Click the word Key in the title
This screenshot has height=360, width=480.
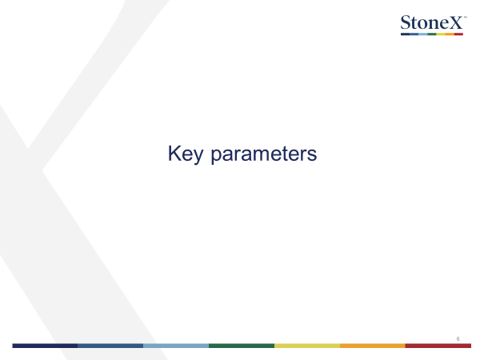(x=186, y=154)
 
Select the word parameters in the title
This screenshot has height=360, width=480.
(x=264, y=154)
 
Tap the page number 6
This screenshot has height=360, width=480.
(x=458, y=339)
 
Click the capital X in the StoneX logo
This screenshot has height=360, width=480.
(x=454, y=22)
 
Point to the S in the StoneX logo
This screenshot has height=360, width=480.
(x=406, y=22)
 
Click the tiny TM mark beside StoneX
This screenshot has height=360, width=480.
(x=466, y=17)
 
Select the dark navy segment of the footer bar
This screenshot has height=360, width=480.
(x=45, y=346)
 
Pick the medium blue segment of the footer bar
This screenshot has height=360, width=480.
(x=110, y=346)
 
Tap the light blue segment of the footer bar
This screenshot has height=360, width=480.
(x=176, y=346)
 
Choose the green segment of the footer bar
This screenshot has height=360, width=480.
(x=242, y=346)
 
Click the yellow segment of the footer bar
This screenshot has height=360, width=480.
(x=307, y=346)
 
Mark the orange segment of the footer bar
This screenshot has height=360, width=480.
(x=373, y=346)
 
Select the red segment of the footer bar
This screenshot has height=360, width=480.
(x=438, y=346)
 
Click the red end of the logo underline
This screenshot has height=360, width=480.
(x=458, y=34)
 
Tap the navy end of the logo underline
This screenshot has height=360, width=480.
(x=406, y=34)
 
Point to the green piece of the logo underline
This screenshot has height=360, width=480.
(x=432, y=34)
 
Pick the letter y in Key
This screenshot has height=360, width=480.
(x=198, y=157)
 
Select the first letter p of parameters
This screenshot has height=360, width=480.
(x=217, y=157)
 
